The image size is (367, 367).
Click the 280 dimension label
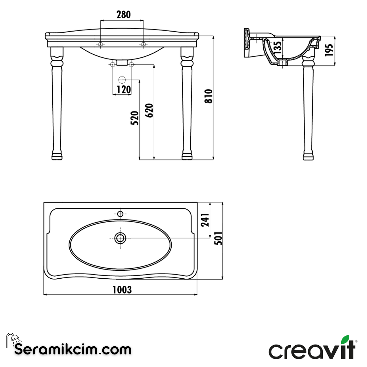(123, 15)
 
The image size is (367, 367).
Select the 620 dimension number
(150, 110)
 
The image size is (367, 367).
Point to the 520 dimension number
(135, 118)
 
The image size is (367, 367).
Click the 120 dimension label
(124, 90)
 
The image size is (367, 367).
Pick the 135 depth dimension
(278, 48)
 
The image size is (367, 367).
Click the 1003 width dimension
(122, 290)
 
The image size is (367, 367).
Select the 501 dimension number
(219, 238)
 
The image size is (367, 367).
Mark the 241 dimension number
(205, 220)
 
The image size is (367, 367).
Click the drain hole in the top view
(120, 238)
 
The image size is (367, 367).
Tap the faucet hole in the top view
(120, 214)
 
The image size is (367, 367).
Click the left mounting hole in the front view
(101, 44)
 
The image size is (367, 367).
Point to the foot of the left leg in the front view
(57, 156)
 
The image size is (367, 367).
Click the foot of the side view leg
(308, 156)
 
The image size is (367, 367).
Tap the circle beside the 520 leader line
(122, 80)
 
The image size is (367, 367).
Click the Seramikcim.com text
(73, 349)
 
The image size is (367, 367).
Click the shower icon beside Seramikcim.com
(13, 339)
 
